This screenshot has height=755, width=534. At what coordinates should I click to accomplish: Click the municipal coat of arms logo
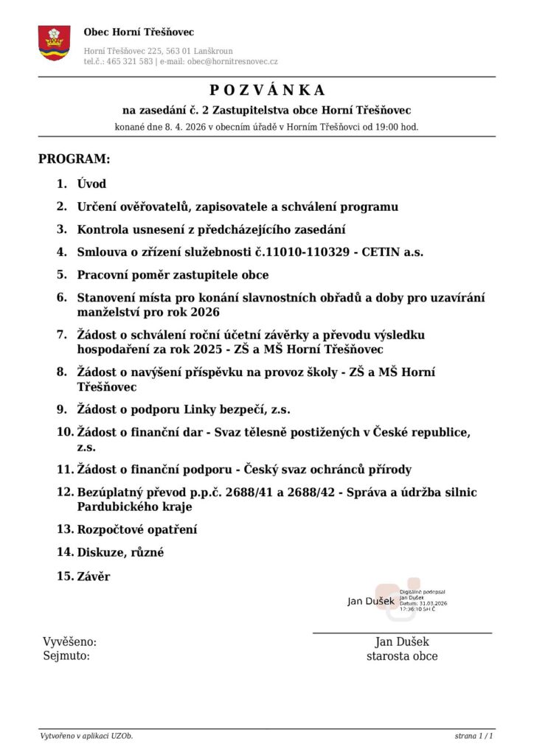[55, 43]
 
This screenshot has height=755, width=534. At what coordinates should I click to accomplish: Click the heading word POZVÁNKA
[267, 91]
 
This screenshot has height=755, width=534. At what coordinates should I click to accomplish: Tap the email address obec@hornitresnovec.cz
[232, 62]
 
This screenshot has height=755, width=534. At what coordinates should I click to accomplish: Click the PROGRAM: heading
[74, 159]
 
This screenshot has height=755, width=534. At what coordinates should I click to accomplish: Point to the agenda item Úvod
[91, 184]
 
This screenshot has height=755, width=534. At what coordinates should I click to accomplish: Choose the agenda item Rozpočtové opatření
[137, 529]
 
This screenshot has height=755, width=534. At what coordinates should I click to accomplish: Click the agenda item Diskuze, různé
[120, 552]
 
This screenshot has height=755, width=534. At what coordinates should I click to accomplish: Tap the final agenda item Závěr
[94, 576]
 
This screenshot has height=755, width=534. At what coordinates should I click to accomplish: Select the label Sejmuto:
[66, 656]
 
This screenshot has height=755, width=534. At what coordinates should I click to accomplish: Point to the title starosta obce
[402, 656]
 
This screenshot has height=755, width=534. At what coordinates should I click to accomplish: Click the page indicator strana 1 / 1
[474, 736]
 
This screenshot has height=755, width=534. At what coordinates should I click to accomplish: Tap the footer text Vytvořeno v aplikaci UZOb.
[86, 736]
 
